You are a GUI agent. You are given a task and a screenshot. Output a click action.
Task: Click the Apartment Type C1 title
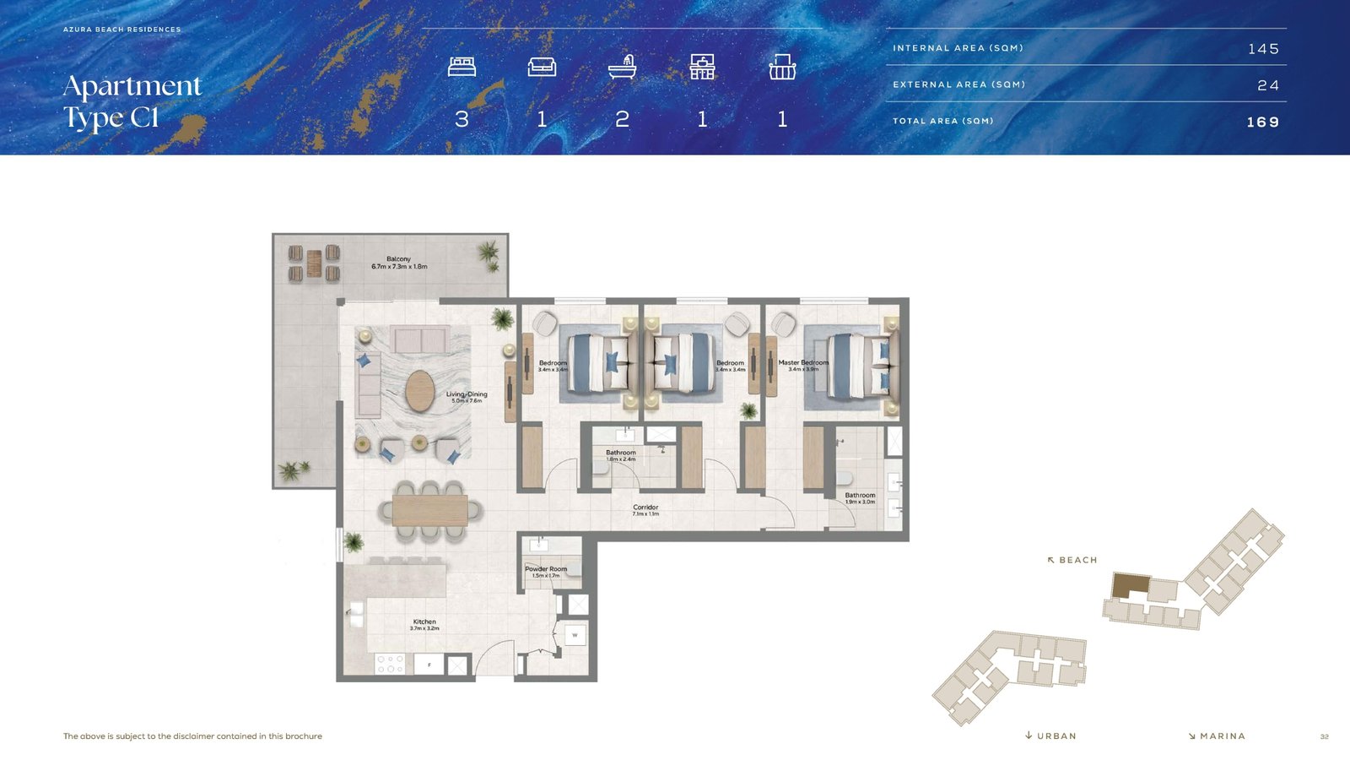point(132,101)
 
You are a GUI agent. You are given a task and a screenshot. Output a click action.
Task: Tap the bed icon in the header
point(462,67)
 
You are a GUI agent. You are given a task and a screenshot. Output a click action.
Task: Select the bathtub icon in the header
point(622,67)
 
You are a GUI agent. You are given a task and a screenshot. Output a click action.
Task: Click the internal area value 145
point(1263,49)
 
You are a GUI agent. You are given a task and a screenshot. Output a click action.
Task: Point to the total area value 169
point(1262,122)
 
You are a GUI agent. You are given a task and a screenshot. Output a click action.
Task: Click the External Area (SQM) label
point(958,84)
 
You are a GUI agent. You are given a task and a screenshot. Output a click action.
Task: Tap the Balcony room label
point(399,263)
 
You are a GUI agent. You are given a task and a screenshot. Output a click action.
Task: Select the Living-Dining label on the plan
point(467,397)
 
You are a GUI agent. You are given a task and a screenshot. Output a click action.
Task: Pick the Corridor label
point(645,510)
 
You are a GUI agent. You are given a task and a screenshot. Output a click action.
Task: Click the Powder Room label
point(546,572)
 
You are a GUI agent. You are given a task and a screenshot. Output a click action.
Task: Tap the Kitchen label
point(424,624)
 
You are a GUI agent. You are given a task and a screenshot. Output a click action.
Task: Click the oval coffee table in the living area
point(420,391)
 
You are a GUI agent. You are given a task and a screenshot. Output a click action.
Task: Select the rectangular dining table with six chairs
point(429,510)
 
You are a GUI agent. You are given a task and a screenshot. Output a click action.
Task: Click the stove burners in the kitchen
point(390,664)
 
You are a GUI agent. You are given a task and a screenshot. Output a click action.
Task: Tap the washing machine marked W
point(575,635)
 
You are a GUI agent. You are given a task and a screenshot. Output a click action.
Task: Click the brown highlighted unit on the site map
point(1130,584)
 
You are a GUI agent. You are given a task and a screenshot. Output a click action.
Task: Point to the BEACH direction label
point(1072,560)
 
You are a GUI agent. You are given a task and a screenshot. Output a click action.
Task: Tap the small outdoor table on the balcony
point(314,263)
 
